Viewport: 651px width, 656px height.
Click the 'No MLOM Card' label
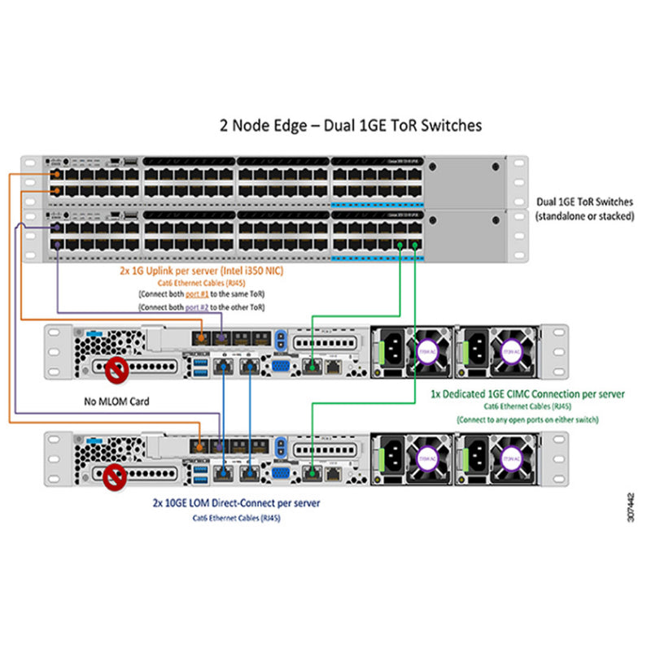(117, 401)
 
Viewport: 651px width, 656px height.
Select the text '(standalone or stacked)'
(583, 216)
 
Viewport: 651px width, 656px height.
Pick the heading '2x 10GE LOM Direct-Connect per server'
(236, 503)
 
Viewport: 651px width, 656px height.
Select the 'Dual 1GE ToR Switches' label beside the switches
(584, 202)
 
